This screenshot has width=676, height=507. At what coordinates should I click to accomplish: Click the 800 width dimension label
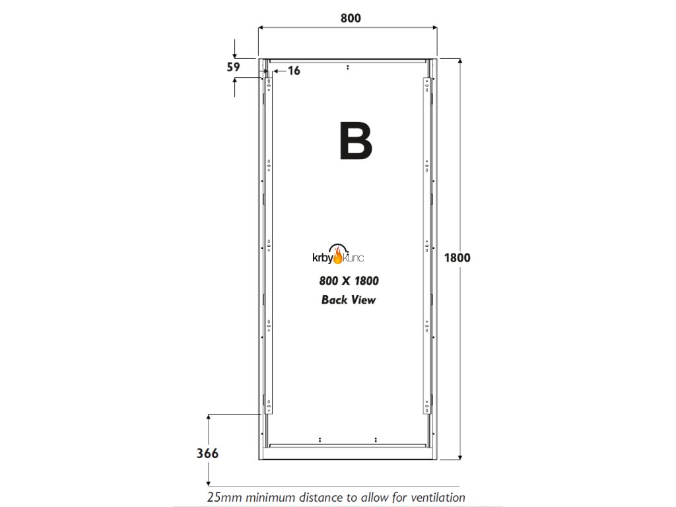[351, 18]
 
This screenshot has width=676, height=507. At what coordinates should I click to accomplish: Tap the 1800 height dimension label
[457, 257]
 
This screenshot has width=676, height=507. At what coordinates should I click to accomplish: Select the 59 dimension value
[233, 67]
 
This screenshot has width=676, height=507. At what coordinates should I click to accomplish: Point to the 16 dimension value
[294, 71]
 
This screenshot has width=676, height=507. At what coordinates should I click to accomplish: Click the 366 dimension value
[207, 454]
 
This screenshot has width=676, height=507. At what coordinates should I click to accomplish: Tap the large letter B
[355, 141]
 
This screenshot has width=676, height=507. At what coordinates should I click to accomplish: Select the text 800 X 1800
[349, 281]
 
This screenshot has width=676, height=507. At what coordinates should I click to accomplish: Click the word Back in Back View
[334, 300]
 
